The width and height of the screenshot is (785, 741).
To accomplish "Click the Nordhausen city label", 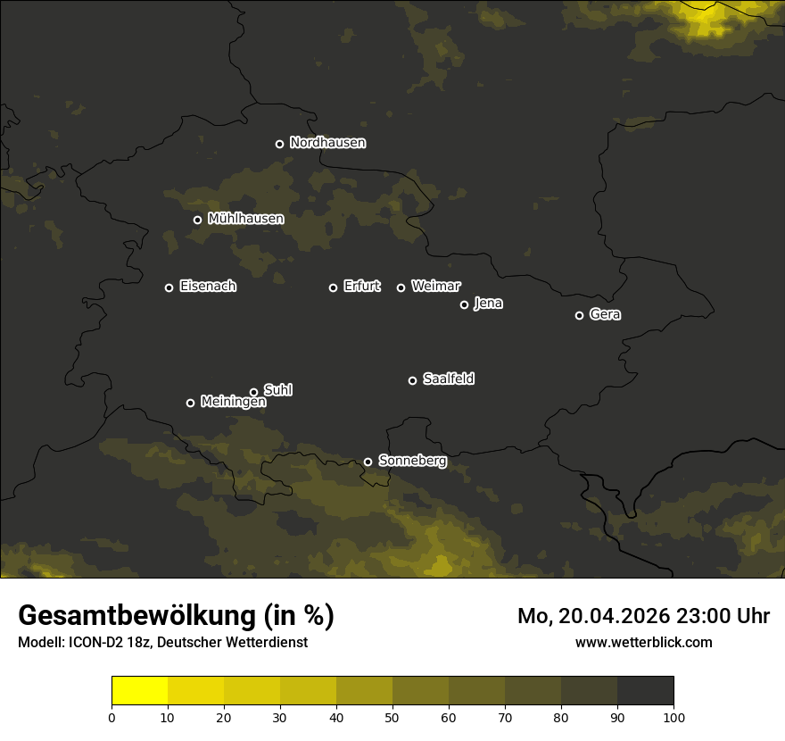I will (327, 143).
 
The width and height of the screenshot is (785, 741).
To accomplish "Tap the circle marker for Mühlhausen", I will (197, 220).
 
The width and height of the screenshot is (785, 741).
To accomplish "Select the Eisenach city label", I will (208, 287).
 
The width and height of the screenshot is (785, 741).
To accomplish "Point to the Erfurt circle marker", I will (333, 287).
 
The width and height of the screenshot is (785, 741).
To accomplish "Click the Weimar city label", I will (435, 287).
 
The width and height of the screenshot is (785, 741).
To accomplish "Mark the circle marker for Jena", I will (464, 304).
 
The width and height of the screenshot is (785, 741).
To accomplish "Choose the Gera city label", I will (605, 314).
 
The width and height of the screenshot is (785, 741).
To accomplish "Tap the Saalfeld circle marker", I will (412, 380).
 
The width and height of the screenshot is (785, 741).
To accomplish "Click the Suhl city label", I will (278, 390).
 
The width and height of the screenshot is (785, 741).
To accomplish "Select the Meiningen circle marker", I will (190, 403).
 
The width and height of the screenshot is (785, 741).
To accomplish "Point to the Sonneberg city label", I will (412, 461).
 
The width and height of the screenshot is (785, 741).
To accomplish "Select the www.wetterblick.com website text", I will (643, 642).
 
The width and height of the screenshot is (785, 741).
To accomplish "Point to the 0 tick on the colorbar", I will (112, 717).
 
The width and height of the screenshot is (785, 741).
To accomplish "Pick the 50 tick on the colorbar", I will (392, 717).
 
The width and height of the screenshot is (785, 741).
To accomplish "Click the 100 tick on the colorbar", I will (673, 717).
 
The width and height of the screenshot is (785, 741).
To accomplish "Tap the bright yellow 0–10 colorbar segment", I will (139, 690).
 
